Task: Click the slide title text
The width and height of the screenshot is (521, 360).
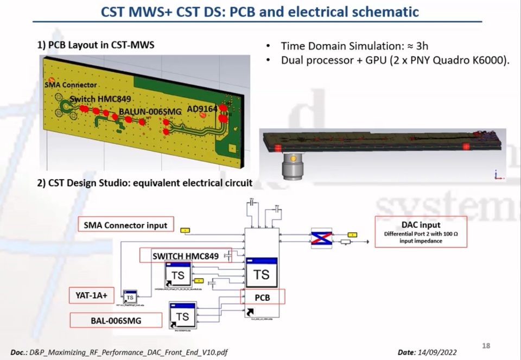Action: [260, 11]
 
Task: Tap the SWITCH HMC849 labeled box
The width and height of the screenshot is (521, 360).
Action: [185, 256]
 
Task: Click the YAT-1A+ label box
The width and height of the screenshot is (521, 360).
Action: [92, 296]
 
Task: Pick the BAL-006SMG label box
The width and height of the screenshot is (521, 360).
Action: [116, 320]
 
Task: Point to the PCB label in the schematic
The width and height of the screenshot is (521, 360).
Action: [262, 298]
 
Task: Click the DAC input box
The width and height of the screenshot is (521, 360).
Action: [421, 232]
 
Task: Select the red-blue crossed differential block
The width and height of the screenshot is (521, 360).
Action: [321, 238]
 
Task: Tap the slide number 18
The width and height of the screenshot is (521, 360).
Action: [486, 346]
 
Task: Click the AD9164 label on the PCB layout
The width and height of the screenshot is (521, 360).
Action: [202, 109]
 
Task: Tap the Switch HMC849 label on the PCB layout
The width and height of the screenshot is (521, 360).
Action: [101, 99]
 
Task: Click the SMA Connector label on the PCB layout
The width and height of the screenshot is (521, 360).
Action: [71, 85]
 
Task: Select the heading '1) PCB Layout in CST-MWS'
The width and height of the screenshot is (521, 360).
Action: [96, 45]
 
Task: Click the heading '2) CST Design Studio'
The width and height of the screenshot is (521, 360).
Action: [145, 183]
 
